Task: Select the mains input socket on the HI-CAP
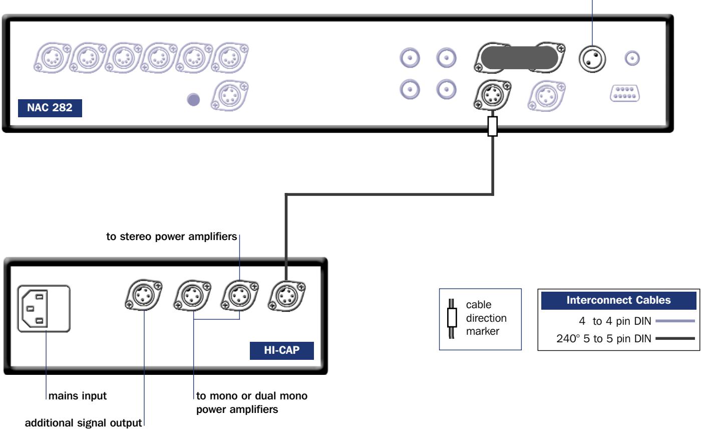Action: pos(44,309)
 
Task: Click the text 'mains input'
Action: pos(76,396)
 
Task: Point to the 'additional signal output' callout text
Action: pos(83,423)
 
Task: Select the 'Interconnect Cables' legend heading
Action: pos(618,300)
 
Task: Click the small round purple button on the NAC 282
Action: pos(193,99)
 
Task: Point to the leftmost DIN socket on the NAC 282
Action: pos(52,56)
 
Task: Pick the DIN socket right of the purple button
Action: pos(229,95)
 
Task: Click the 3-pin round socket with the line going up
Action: pos(592,59)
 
